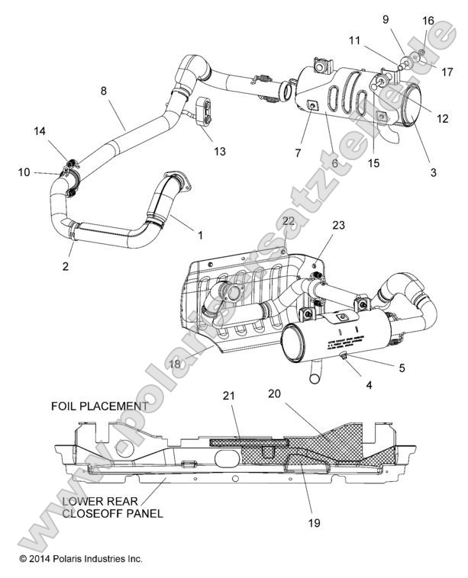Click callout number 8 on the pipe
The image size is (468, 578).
(x=104, y=92)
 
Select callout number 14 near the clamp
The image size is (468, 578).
(x=40, y=131)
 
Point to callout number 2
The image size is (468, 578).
(x=66, y=266)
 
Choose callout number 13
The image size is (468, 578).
(x=220, y=152)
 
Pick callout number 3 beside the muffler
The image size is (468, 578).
(x=433, y=172)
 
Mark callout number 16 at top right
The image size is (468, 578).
(x=428, y=21)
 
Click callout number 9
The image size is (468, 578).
(x=386, y=18)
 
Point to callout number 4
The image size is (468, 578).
(x=369, y=385)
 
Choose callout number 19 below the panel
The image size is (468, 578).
(x=313, y=523)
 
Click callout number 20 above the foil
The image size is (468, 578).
(x=276, y=395)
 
